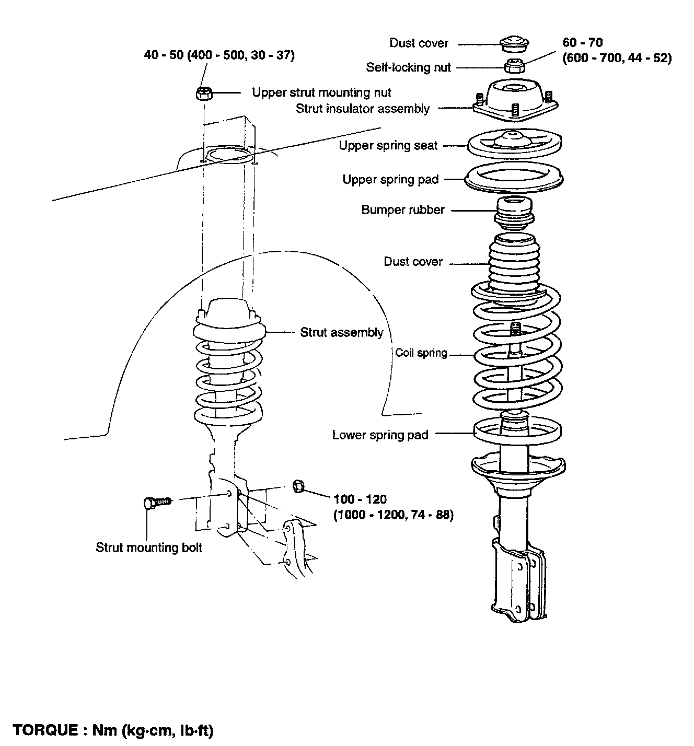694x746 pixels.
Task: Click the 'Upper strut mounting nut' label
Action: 321,92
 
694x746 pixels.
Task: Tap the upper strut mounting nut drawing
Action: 204,94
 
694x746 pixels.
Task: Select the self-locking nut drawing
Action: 515,66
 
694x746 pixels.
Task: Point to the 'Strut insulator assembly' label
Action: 363,109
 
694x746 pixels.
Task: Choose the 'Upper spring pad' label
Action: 390,180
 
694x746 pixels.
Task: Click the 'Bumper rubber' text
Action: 403,210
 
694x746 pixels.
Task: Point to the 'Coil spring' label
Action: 421,353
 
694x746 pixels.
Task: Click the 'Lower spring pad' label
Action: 380,435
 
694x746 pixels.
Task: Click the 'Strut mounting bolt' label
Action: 149,547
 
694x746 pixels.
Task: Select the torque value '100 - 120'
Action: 360,499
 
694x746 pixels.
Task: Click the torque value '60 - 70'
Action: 583,42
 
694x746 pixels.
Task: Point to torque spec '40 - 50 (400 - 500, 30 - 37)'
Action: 219,55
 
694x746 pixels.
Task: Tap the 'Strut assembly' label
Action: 341,332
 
